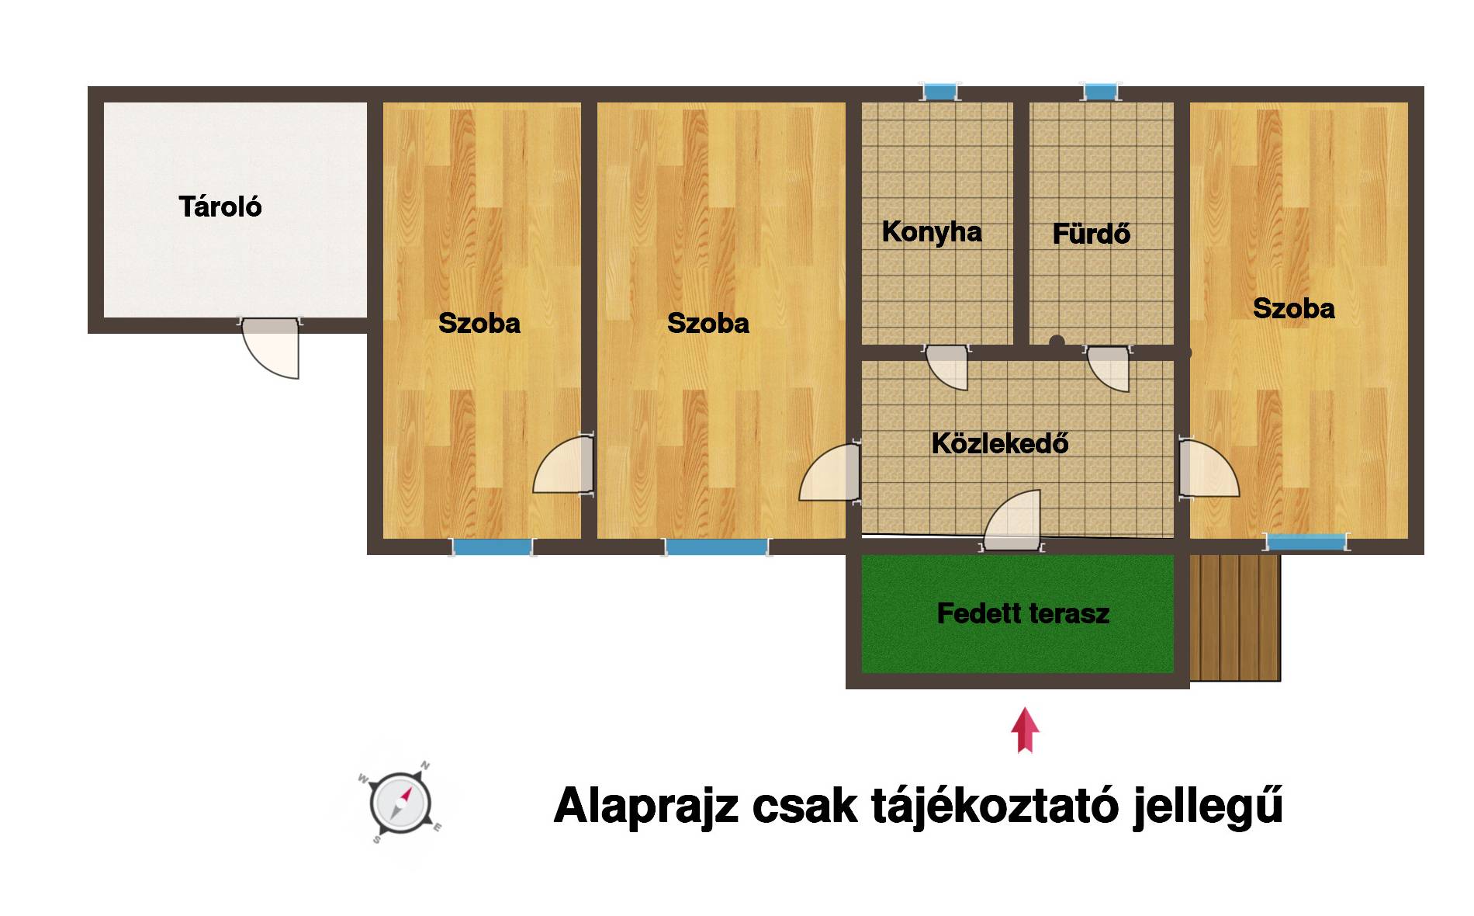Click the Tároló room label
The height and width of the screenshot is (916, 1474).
pos(220,206)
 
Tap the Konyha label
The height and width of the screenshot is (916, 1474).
pos(932,232)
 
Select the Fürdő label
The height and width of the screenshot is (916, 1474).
pos(1092,234)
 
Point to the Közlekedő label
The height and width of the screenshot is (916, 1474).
pos(1000,443)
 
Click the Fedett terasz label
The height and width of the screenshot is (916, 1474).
pos(1023,613)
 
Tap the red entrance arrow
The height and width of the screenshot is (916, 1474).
pos(1025,730)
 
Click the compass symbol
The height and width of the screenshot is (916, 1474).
pos(400,803)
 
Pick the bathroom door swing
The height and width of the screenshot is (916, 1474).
pos(1108,369)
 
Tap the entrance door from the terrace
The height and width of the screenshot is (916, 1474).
pos(1012,520)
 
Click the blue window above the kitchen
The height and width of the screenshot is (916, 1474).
pos(939,92)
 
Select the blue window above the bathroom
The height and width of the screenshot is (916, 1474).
pos(1101,92)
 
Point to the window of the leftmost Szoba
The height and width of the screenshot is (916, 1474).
pos(493,546)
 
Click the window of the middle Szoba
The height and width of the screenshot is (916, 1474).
pos(717,546)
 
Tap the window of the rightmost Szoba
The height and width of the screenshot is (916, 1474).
pos(1306,542)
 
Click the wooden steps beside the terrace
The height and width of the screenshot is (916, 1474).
pos(1235,618)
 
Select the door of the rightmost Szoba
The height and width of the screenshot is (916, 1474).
pos(1209,468)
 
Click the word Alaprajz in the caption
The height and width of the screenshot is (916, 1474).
pos(645,807)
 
